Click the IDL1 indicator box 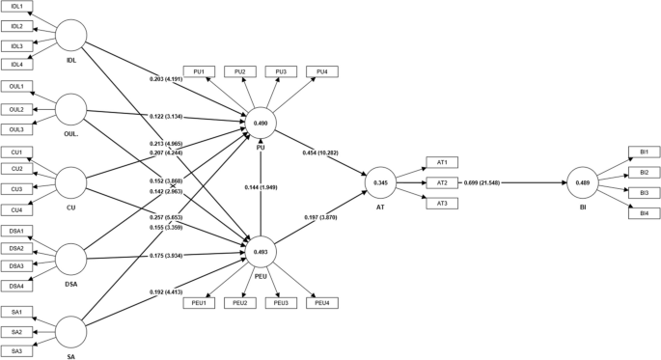tap(16, 6)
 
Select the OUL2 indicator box tap(16, 109)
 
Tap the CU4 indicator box tap(16, 209)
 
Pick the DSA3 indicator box tap(16, 265)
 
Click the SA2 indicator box tap(16, 331)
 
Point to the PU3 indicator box tap(282, 72)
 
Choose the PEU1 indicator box tap(197, 302)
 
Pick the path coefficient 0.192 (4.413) tap(171, 291)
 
